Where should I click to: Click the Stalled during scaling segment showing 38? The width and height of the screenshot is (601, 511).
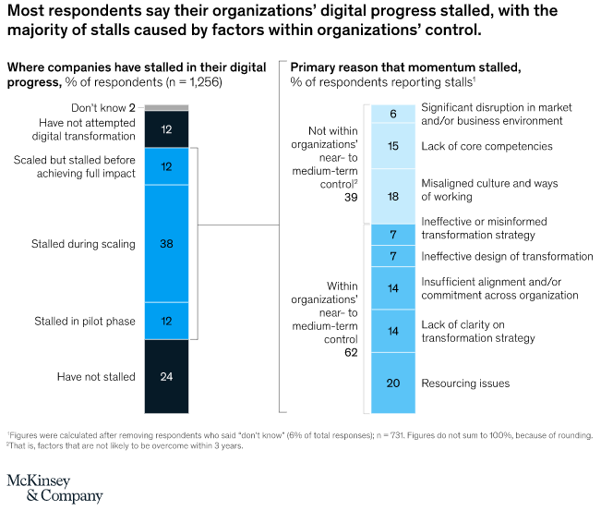[x=166, y=244]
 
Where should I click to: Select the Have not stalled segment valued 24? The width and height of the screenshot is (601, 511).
[x=166, y=376]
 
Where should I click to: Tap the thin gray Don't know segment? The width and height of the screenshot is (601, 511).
[x=166, y=107]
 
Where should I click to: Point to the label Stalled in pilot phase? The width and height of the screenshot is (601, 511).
[x=84, y=322]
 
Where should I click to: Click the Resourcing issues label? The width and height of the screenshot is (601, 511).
[x=464, y=383]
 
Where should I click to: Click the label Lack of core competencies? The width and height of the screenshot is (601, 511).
[x=474, y=146]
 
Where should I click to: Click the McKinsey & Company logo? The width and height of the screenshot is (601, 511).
[x=54, y=487]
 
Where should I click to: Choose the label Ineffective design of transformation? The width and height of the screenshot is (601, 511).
[x=507, y=256]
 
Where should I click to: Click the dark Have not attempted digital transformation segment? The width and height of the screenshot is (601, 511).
[x=166, y=129]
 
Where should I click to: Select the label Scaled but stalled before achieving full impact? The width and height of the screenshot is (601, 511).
[x=75, y=167]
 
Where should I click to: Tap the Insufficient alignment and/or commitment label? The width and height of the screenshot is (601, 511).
[x=499, y=288]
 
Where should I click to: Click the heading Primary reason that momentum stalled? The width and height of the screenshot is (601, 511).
[x=405, y=67]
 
